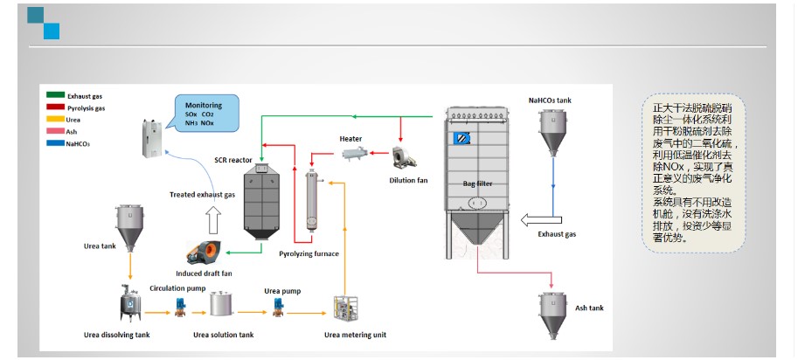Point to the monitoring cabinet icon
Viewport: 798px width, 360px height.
[154, 137]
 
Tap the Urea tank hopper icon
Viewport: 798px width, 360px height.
[130, 225]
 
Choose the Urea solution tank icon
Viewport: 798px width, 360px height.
[222, 304]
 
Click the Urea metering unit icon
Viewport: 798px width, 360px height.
[348, 309]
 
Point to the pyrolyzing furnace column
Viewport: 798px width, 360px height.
[310, 201]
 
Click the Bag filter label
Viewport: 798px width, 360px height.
[477, 184]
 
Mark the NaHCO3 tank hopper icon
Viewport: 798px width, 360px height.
[552, 130]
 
